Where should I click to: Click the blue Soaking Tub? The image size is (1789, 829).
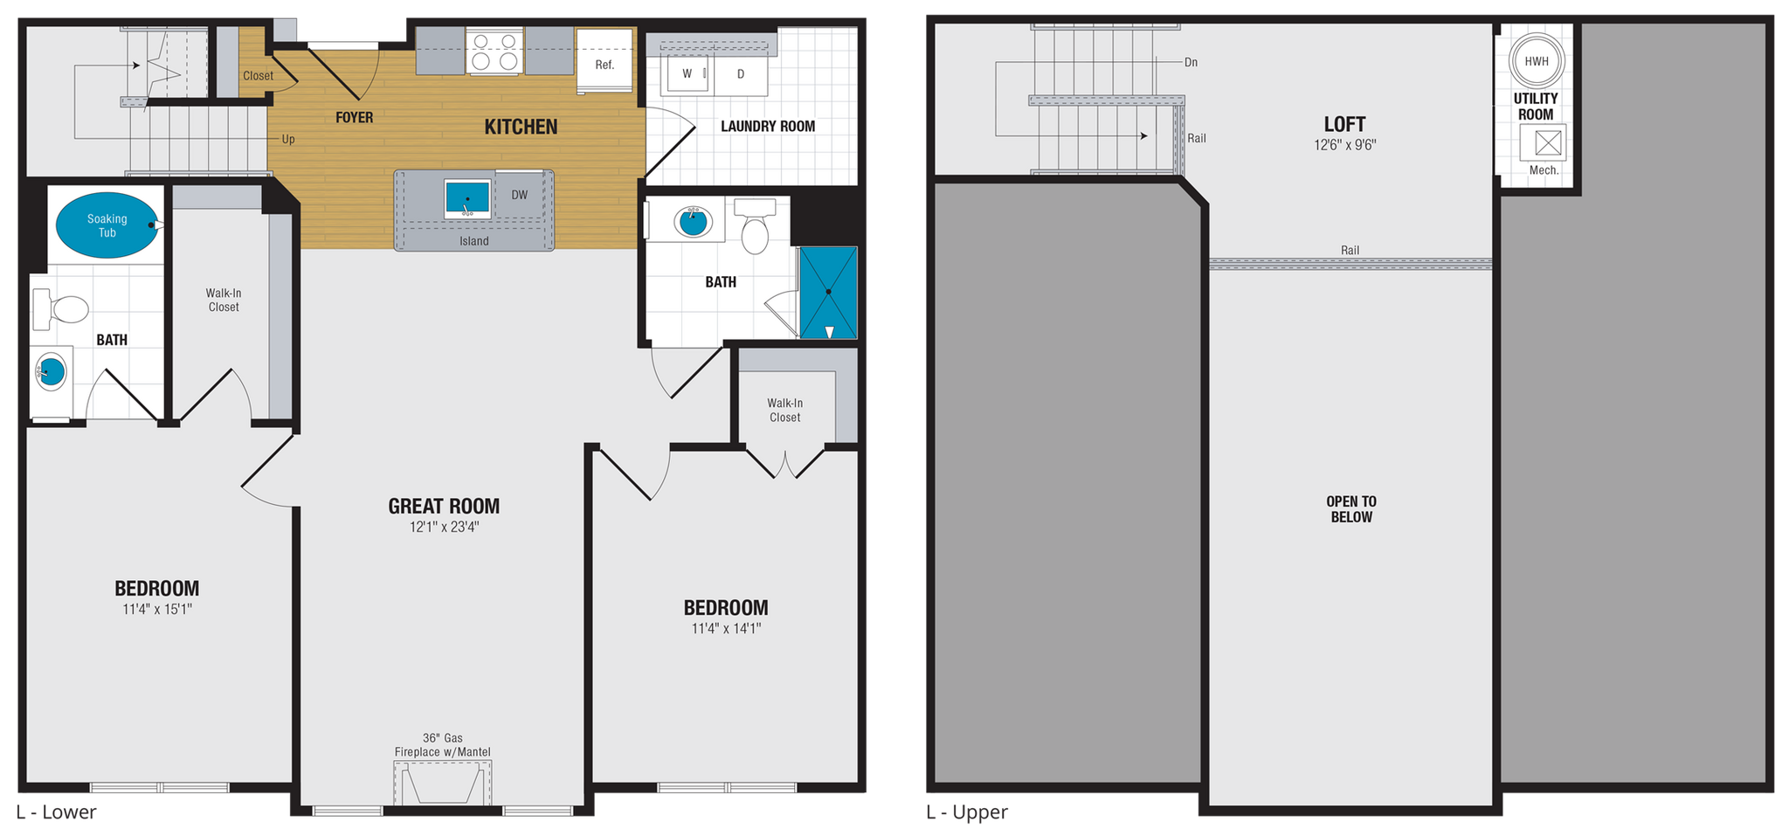click(x=107, y=225)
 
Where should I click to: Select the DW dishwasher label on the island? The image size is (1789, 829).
click(x=520, y=195)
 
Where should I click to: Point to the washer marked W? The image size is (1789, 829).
click(x=687, y=73)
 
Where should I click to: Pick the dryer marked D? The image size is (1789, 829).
click(x=741, y=74)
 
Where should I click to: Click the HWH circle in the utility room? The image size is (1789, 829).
click(x=1536, y=60)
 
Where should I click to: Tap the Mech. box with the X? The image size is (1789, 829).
click(x=1543, y=142)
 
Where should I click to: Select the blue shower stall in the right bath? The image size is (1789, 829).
click(x=828, y=293)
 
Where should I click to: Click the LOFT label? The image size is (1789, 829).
click(x=1344, y=124)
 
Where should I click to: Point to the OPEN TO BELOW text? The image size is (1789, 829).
click(x=1350, y=509)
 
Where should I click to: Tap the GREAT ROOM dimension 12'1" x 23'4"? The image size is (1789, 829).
click(x=444, y=528)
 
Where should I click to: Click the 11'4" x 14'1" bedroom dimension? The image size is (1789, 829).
click(x=726, y=628)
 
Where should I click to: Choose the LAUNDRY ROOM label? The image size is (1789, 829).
click(x=768, y=126)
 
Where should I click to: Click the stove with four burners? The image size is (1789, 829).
click(x=494, y=51)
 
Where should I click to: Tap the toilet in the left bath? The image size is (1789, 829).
click(x=61, y=309)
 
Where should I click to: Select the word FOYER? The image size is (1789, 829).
click(x=354, y=117)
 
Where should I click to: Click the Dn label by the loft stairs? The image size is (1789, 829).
click(x=1191, y=62)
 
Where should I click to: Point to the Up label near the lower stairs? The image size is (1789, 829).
click(x=287, y=139)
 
